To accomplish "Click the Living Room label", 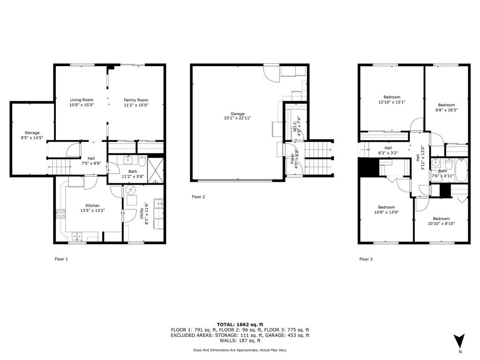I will tap(82, 103).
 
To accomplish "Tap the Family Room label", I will tap(136, 103).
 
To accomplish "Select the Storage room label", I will tap(32, 135).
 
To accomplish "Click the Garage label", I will tap(237, 116).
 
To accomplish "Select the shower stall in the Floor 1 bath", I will tap(154, 166).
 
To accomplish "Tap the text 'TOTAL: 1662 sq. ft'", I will tap(240, 324).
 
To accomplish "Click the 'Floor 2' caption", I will tap(198, 197).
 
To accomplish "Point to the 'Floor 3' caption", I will tap(366, 259).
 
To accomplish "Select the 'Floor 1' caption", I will tap(61, 259).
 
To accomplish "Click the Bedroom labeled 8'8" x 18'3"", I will tap(446, 107).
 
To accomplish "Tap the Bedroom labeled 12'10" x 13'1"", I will tap(392, 99).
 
